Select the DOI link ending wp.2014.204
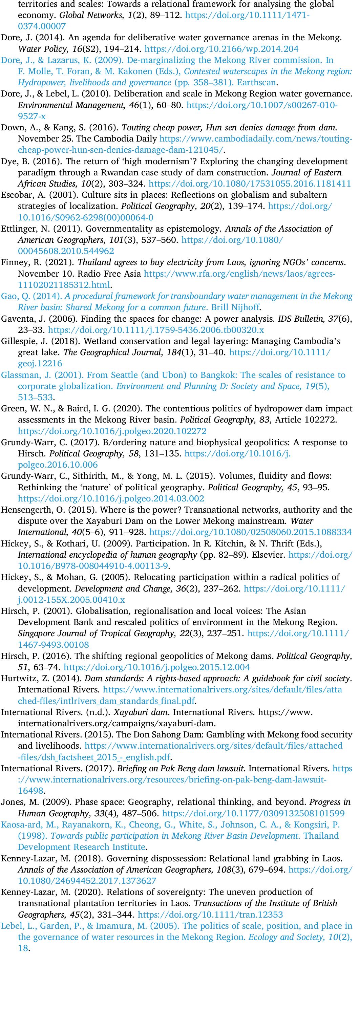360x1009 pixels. pyautogui.click(x=221, y=49)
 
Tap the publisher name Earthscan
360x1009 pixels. pyautogui.click(x=259, y=83)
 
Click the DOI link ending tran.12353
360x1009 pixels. pyautogui.click(x=210, y=915)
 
